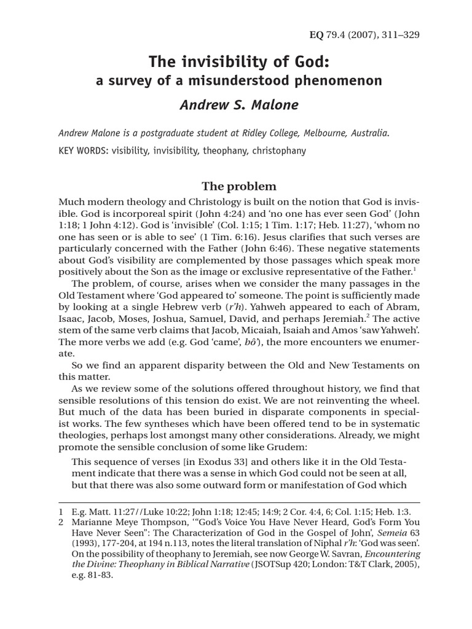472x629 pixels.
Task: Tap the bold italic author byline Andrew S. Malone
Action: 239,104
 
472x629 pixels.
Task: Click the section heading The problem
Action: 239,186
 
